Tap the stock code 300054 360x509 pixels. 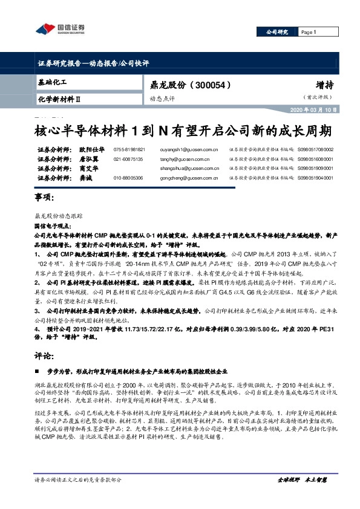pos(208,85)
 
